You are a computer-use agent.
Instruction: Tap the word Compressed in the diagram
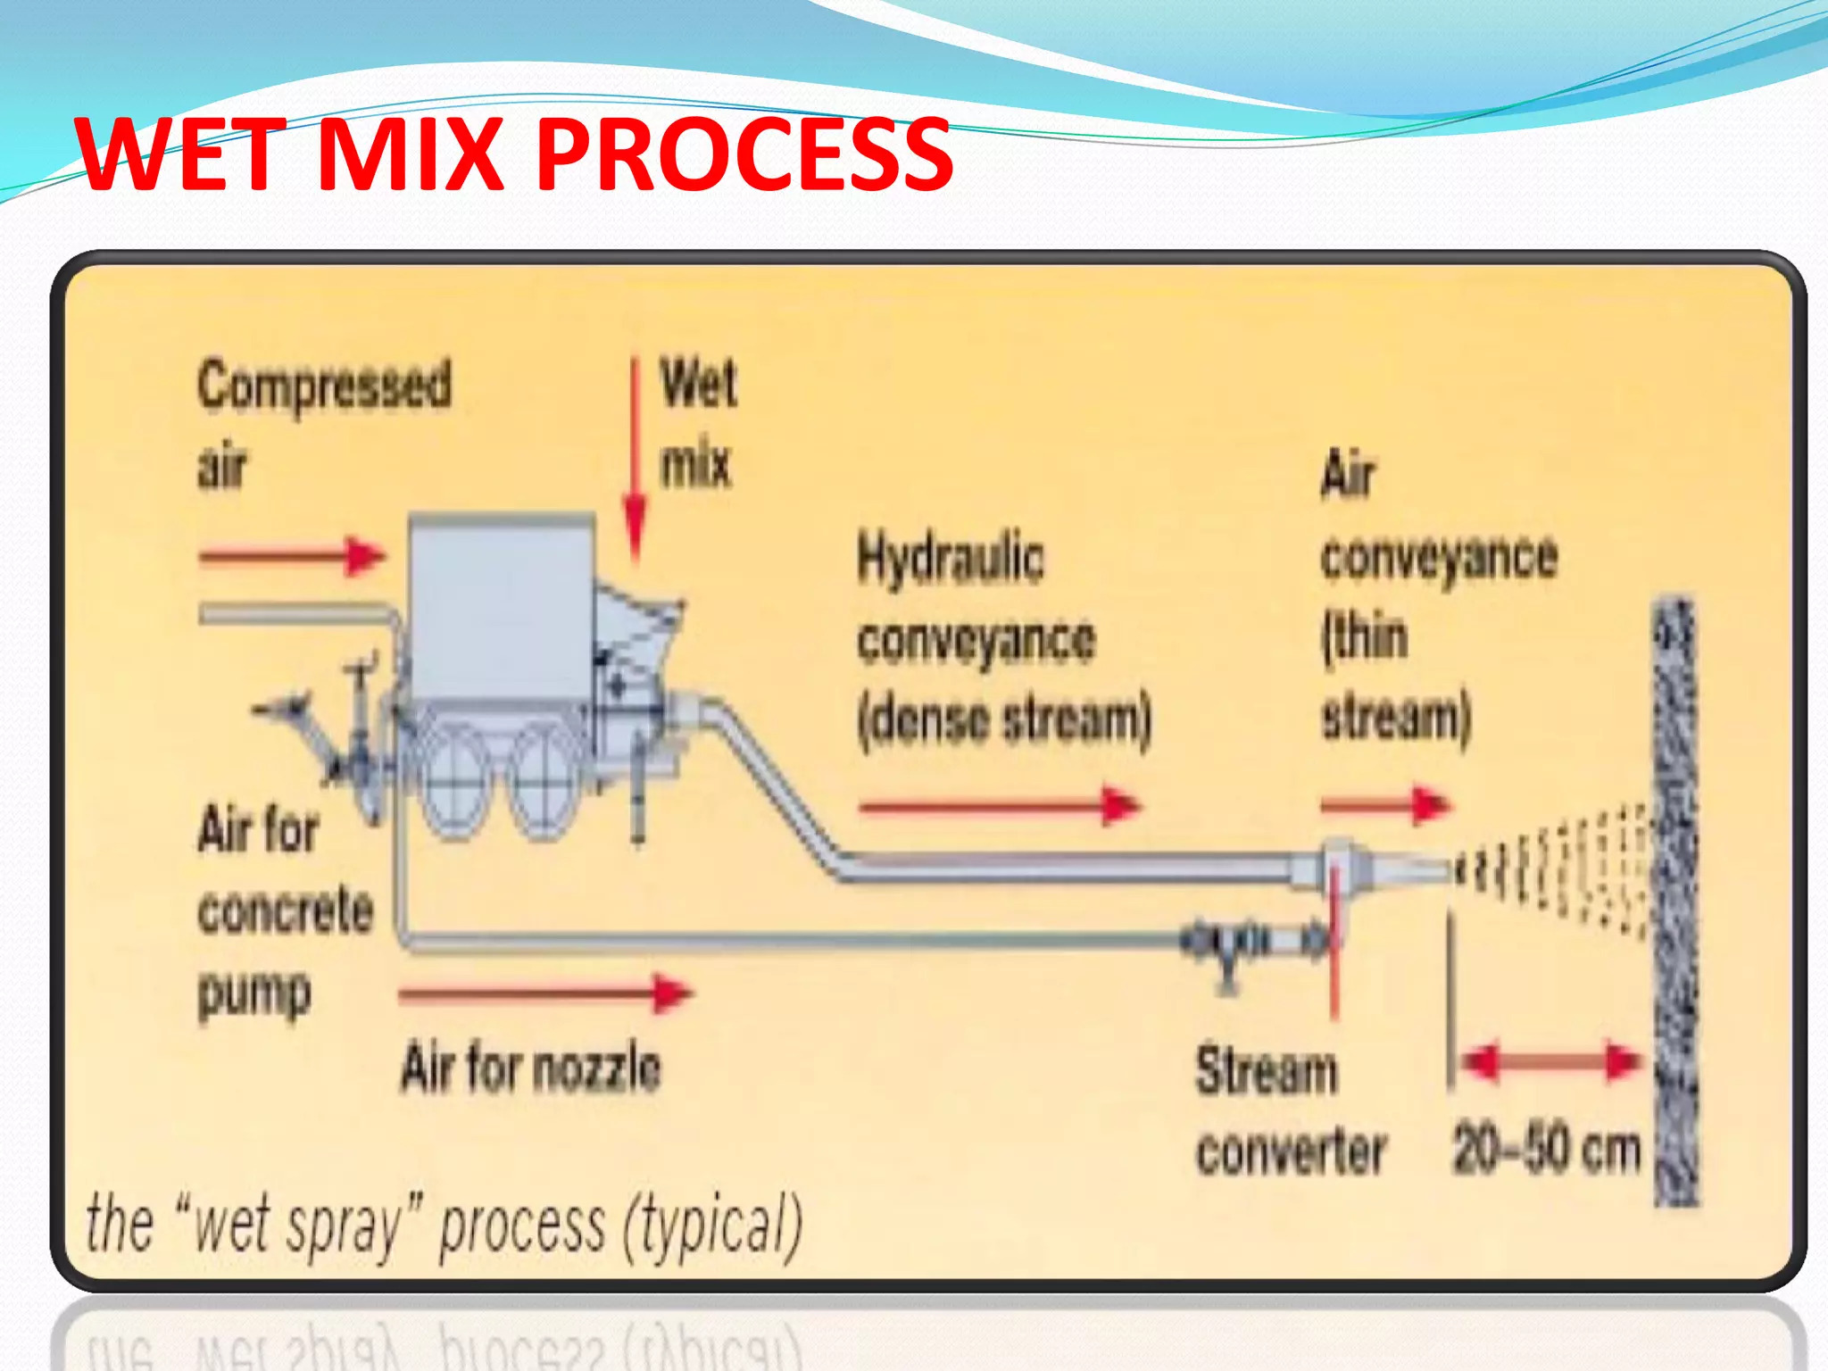324,386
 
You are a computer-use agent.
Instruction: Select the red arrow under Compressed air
291,557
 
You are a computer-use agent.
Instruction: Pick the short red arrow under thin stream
1385,806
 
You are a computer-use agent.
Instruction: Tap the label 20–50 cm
1546,1149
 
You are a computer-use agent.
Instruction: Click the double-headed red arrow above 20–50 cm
1550,1062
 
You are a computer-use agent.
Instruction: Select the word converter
1291,1151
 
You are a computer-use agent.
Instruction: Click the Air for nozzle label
531,1068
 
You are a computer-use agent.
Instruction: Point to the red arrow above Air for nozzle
544,993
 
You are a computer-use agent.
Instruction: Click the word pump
254,993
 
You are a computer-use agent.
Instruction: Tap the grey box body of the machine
500,607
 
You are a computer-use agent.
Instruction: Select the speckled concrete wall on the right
1674,902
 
